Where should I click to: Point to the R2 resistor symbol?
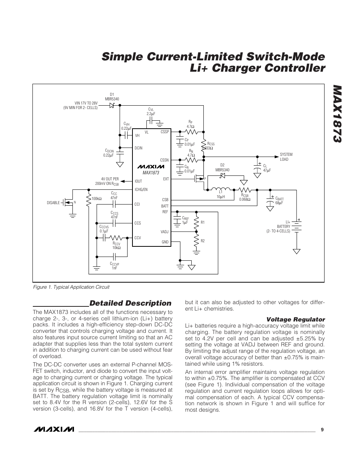[x=196, y=241]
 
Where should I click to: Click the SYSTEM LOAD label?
[x=286, y=157]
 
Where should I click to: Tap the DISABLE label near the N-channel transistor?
[x=53, y=203]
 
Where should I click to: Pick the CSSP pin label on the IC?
[x=165, y=132]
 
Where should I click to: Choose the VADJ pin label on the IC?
[x=164, y=232]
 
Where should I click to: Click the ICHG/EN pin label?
[x=141, y=189]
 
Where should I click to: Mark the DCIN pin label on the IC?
[x=138, y=148]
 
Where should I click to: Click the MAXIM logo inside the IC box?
[x=151, y=166]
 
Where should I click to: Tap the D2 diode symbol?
[x=222, y=175]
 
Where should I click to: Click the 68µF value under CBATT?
[x=279, y=203]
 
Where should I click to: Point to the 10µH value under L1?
[x=220, y=197]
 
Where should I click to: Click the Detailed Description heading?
[x=130, y=303]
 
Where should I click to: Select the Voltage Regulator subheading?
[x=296, y=319]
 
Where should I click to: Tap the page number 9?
[x=322, y=429]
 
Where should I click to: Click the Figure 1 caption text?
[x=71, y=287]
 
